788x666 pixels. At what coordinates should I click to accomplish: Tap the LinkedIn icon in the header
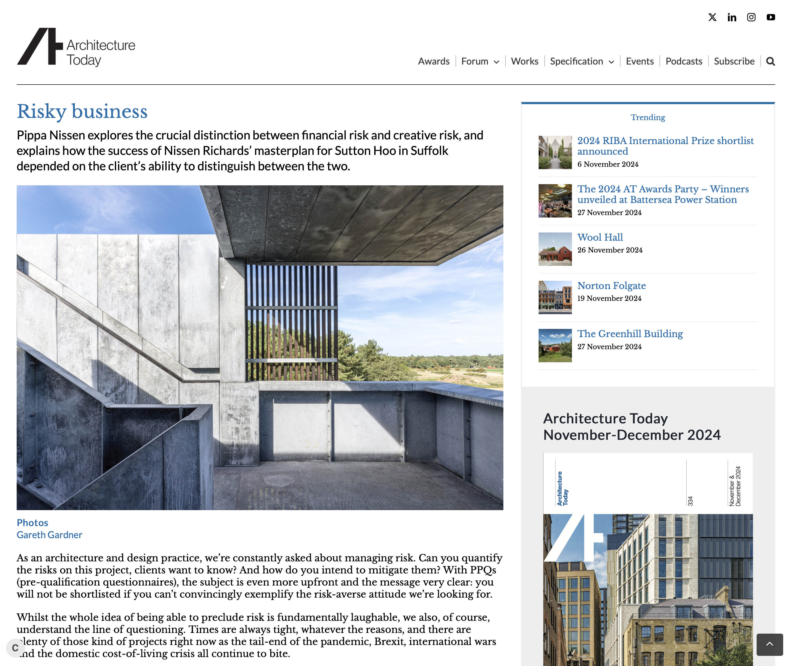pos(732,17)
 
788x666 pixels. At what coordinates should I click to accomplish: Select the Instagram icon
pos(751,17)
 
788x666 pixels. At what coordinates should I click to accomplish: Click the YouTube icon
pos(771,17)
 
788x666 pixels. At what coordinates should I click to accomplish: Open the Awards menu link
pos(433,61)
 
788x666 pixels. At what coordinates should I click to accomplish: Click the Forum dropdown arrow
pos(496,62)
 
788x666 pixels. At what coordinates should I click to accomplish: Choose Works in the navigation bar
pos(524,61)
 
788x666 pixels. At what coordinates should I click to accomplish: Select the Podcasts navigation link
pos(683,61)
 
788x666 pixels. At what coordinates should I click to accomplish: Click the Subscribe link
pos(734,61)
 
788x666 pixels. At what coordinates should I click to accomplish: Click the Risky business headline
pos(82,111)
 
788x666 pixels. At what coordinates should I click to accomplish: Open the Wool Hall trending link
pos(600,238)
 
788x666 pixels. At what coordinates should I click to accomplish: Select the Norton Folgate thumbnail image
pos(555,297)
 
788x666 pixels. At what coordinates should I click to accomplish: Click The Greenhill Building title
pos(630,334)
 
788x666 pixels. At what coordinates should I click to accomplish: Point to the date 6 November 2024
pos(608,164)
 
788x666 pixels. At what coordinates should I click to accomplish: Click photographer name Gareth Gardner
pos(49,535)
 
